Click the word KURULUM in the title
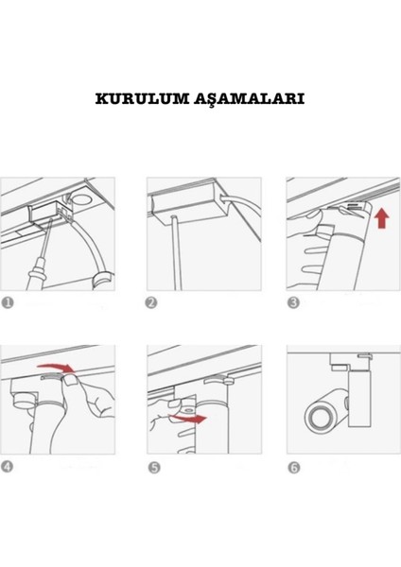click(143, 98)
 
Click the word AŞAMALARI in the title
click(250, 99)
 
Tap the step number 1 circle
click(8, 302)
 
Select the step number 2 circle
click(151, 302)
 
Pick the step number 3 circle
click(293, 302)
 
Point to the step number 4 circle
click(7, 467)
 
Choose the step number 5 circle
click(154, 467)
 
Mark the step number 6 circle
click(294, 468)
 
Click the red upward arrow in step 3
click(382, 219)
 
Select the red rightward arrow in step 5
click(188, 419)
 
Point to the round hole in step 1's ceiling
click(80, 198)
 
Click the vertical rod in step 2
click(175, 252)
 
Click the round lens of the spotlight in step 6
click(319, 418)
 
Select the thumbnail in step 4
click(72, 380)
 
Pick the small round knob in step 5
click(188, 411)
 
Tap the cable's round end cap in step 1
click(103, 282)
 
